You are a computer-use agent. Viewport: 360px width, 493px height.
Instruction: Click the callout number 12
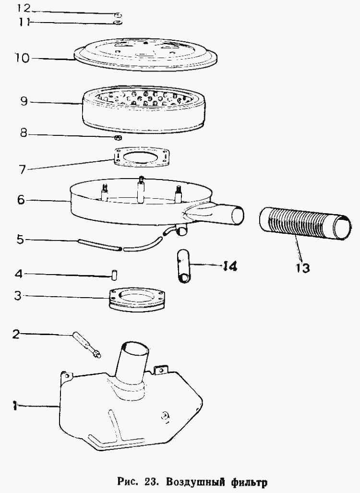tap(24, 8)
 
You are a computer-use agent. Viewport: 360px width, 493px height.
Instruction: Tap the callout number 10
tap(22, 58)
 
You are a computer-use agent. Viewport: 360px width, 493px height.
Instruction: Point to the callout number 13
tap(302, 268)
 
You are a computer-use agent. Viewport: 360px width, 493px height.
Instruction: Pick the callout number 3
tap(18, 296)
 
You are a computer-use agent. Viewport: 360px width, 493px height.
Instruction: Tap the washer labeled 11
tap(118, 23)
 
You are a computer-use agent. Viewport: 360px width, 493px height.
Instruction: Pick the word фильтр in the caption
tap(249, 482)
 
